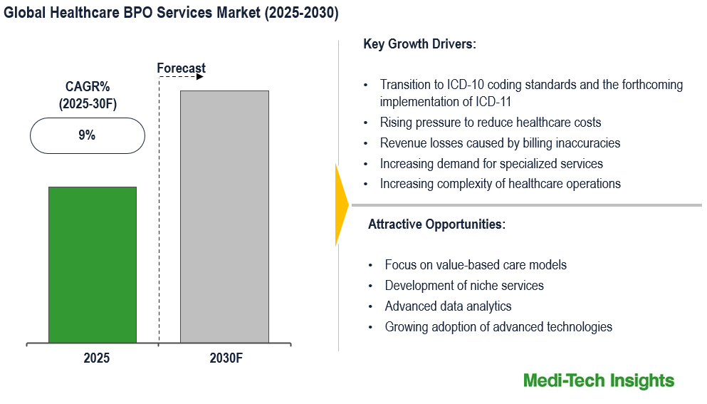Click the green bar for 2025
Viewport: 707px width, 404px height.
pos(93,264)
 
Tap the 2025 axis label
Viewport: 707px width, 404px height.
pos(96,358)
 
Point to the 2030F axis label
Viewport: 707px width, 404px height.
pos(226,358)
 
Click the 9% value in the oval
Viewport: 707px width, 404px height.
pos(87,135)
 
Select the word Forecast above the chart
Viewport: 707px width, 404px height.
pos(181,68)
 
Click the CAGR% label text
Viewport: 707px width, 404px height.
pos(87,88)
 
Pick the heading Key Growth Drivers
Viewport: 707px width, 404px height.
pos(419,44)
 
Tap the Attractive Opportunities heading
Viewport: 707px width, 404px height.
pos(436,224)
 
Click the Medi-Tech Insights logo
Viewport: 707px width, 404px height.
pos(598,380)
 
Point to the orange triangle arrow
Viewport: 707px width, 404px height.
pos(341,204)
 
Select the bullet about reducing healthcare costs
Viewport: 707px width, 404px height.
pos(491,123)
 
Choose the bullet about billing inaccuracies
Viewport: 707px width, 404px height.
pos(500,143)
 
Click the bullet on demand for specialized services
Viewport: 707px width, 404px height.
pos(491,164)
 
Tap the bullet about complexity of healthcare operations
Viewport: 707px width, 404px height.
pos(500,184)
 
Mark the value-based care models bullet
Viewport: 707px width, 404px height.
pos(476,265)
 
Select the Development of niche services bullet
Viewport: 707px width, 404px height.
pos(464,286)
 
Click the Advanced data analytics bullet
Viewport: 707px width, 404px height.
pos(448,306)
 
